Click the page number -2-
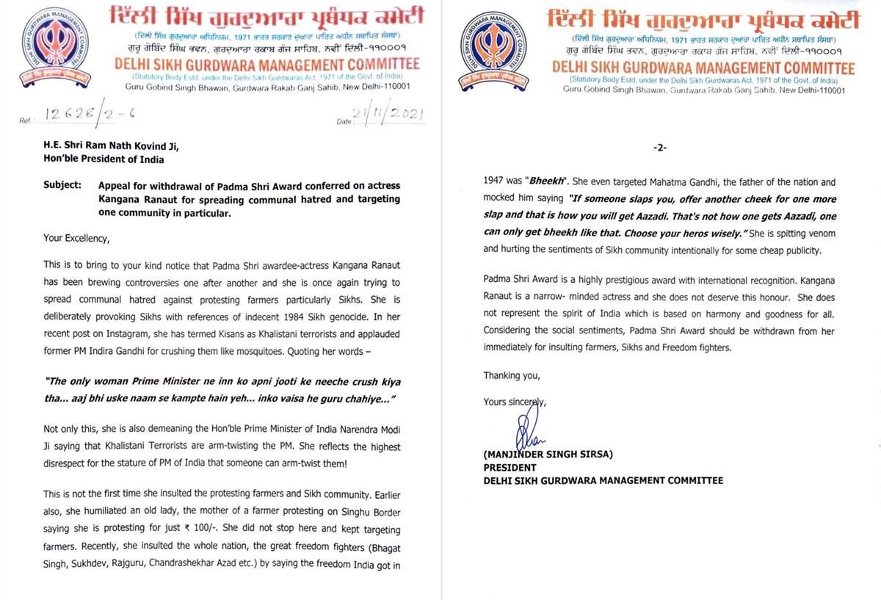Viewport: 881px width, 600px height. coord(659,148)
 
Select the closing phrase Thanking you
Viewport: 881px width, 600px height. coord(511,376)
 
